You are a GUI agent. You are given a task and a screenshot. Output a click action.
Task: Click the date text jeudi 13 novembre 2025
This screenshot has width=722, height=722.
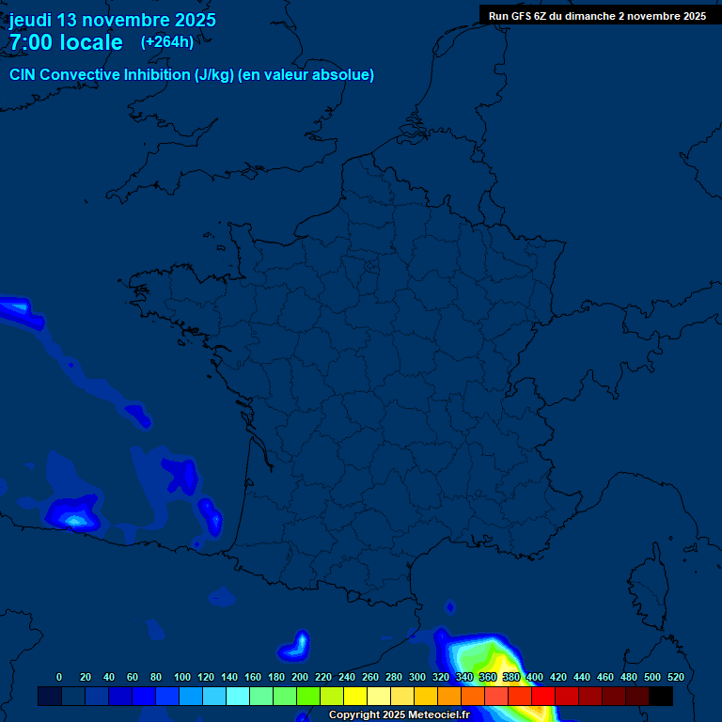(113, 20)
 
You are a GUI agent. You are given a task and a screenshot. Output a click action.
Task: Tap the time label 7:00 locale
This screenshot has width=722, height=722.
(66, 42)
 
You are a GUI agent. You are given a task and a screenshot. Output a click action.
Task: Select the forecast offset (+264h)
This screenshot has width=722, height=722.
(167, 41)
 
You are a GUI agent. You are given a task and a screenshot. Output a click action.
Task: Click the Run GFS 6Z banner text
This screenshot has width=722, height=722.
(597, 16)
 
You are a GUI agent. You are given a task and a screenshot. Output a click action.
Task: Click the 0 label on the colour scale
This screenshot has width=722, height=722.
(59, 677)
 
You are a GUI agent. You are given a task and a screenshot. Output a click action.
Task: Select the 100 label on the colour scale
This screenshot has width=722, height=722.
(182, 677)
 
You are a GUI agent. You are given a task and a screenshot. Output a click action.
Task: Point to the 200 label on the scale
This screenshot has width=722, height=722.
(300, 677)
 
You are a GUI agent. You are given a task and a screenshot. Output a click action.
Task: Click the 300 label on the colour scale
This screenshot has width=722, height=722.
(417, 677)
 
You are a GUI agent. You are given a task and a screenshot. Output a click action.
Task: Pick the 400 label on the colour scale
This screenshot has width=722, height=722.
(535, 677)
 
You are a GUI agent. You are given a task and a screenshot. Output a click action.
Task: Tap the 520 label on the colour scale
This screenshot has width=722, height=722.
(675, 677)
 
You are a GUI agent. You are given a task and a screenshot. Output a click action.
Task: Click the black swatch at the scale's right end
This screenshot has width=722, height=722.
(661, 697)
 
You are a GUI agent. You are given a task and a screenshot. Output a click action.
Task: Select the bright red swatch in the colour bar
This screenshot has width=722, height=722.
(543, 697)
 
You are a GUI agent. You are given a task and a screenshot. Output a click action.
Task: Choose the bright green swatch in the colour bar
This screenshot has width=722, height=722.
(308, 697)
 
